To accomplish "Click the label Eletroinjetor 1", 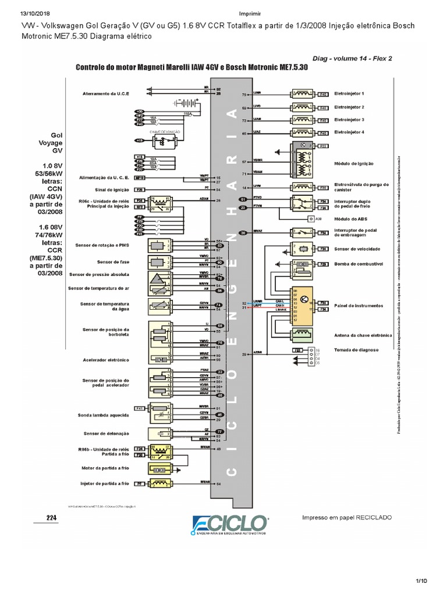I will click(x=349, y=94).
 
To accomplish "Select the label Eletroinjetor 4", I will click(x=349, y=132).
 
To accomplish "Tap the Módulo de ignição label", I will click(x=354, y=164).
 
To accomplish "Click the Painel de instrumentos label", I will click(x=359, y=306).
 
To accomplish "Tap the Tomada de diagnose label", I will click(x=356, y=350).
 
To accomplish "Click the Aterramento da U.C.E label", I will click(x=107, y=94).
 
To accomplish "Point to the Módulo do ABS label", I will click(x=351, y=218).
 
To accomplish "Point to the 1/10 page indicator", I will click(x=421, y=580).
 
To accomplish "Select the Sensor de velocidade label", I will click(x=357, y=249).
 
